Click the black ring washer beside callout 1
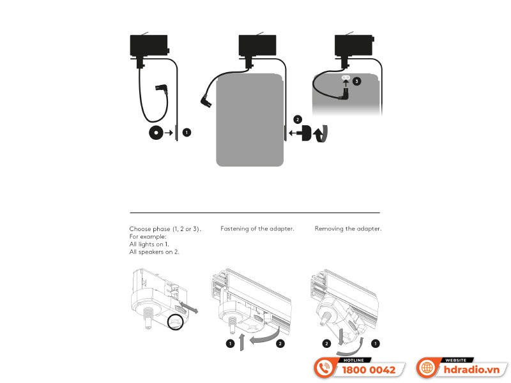155,133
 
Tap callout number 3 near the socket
356,81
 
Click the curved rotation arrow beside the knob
324,133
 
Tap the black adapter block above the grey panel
257,46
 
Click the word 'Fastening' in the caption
237,229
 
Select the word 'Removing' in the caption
330,229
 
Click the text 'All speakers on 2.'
154,252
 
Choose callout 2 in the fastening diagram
280,343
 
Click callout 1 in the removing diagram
376,343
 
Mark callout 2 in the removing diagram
326,343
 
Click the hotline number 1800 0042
369,370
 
